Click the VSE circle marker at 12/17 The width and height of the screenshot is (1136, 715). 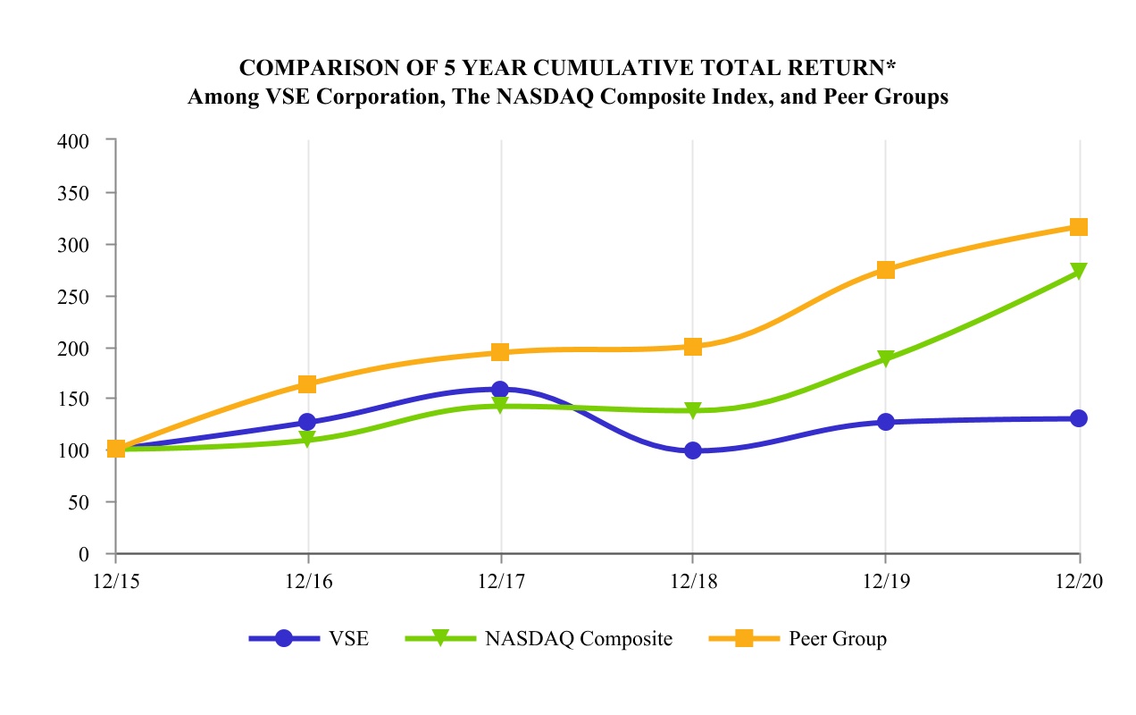(500, 390)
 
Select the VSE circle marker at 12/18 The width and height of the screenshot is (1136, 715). (693, 450)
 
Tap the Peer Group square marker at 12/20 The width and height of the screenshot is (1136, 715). (1079, 227)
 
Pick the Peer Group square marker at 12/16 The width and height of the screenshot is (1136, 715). (307, 384)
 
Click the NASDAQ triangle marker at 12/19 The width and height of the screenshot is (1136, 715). (886, 359)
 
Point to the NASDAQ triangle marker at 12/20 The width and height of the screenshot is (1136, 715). (1079, 272)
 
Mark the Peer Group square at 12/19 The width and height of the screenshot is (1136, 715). (886, 270)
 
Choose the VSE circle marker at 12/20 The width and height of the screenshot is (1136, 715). (1079, 418)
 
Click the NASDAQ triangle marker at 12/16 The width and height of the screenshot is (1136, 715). (307, 440)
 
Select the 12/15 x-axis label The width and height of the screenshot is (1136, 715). (115, 582)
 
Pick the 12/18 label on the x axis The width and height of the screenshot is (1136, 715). (693, 582)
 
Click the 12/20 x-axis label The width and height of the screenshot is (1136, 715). (1079, 582)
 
